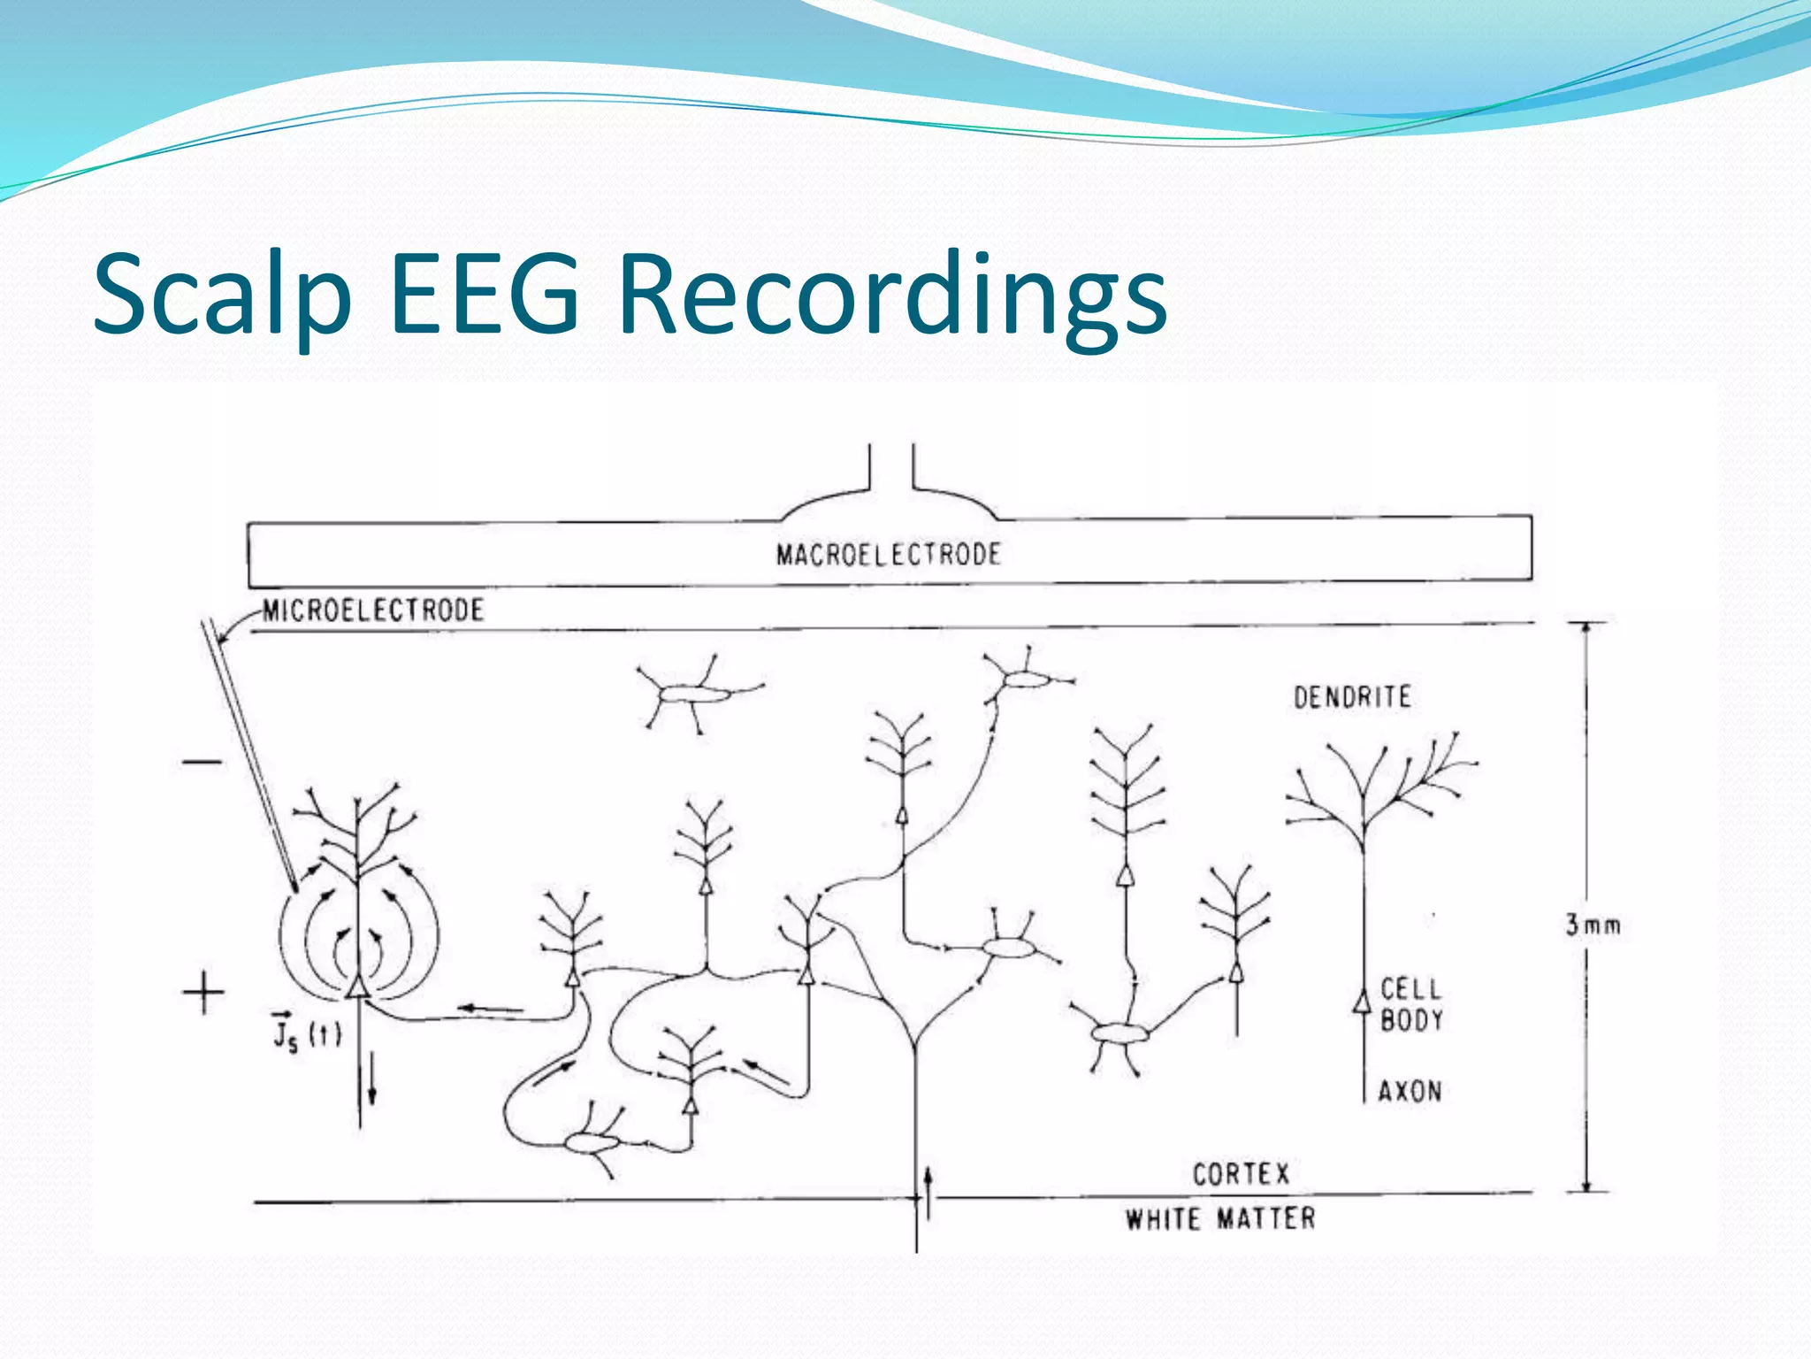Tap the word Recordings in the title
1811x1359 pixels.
click(892, 295)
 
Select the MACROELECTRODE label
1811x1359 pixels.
click(888, 555)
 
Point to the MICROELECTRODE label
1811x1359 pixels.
click(373, 610)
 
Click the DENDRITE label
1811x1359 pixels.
click(1352, 697)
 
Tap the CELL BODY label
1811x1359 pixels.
click(1410, 1004)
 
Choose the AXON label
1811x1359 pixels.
click(1410, 1091)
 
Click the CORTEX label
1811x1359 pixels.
click(1241, 1174)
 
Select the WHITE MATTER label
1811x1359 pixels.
click(1220, 1219)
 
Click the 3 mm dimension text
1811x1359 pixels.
click(1593, 925)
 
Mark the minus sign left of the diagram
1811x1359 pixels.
click(202, 762)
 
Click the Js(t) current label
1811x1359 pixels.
click(306, 1031)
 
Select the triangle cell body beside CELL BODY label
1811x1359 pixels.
click(1363, 1002)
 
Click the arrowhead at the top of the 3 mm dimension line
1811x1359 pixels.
click(1586, 627)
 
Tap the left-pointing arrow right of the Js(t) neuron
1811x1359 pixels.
click(489, 1008)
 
